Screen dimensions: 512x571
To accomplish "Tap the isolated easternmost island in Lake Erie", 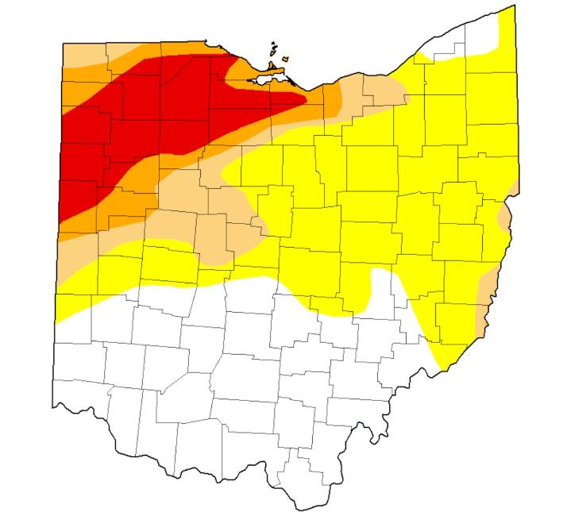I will pyautogui.click(x=284, y=58).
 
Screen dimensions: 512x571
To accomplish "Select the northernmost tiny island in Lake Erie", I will pyautogui.click(x=274, y=43).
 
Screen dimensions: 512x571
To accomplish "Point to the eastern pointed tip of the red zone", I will pyautogui.click(x=305, y=98).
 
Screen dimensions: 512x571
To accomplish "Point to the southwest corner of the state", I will pyautogui.click(x=53, y=405).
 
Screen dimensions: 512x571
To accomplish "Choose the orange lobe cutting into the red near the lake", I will pyautogui.click(x=238, y=67).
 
